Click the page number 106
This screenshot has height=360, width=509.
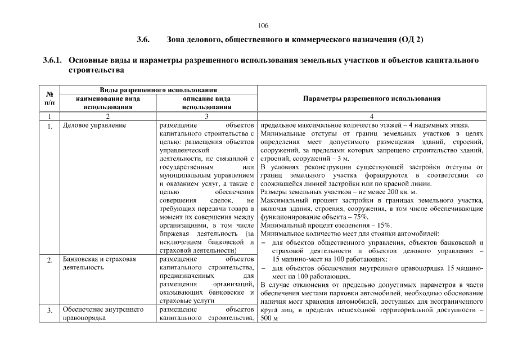(x=263, y=26)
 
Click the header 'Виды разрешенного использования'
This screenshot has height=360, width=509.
(x=158, y=90)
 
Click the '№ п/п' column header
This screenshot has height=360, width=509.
(x=49, y=98)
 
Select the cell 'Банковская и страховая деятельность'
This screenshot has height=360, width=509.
(x=100, y=263)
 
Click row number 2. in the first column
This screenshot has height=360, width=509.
(x=49, y=260)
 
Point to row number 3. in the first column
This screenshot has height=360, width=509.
(x=49, y=310)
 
